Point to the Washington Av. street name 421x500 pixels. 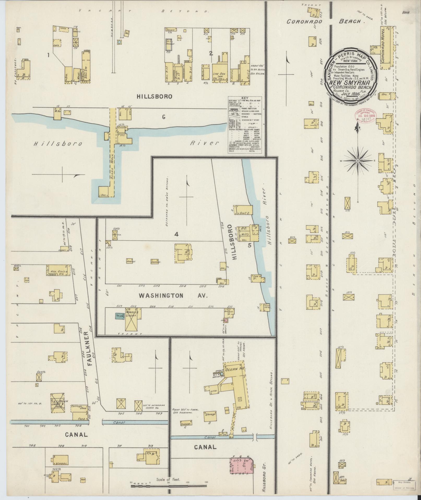[x=173, y=296]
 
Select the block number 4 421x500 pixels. [x=176, y=234]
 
